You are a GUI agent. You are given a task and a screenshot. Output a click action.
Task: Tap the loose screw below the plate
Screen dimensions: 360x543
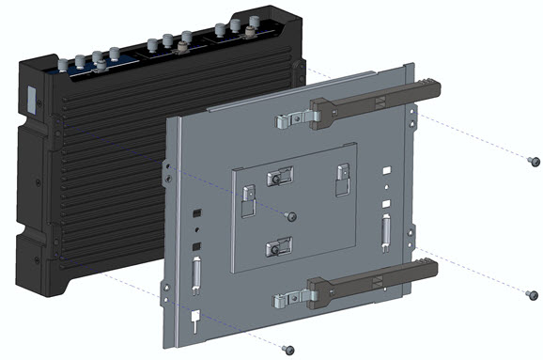pos(289,349)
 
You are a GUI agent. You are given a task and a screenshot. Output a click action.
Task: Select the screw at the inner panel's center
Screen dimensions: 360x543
pos(291,217)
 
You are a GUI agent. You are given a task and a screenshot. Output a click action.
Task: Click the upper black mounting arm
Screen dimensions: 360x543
pos(376,103)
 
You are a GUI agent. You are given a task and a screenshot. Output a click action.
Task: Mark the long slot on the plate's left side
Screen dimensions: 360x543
pos(195,274)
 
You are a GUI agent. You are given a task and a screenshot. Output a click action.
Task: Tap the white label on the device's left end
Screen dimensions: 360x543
pos(30,101)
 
